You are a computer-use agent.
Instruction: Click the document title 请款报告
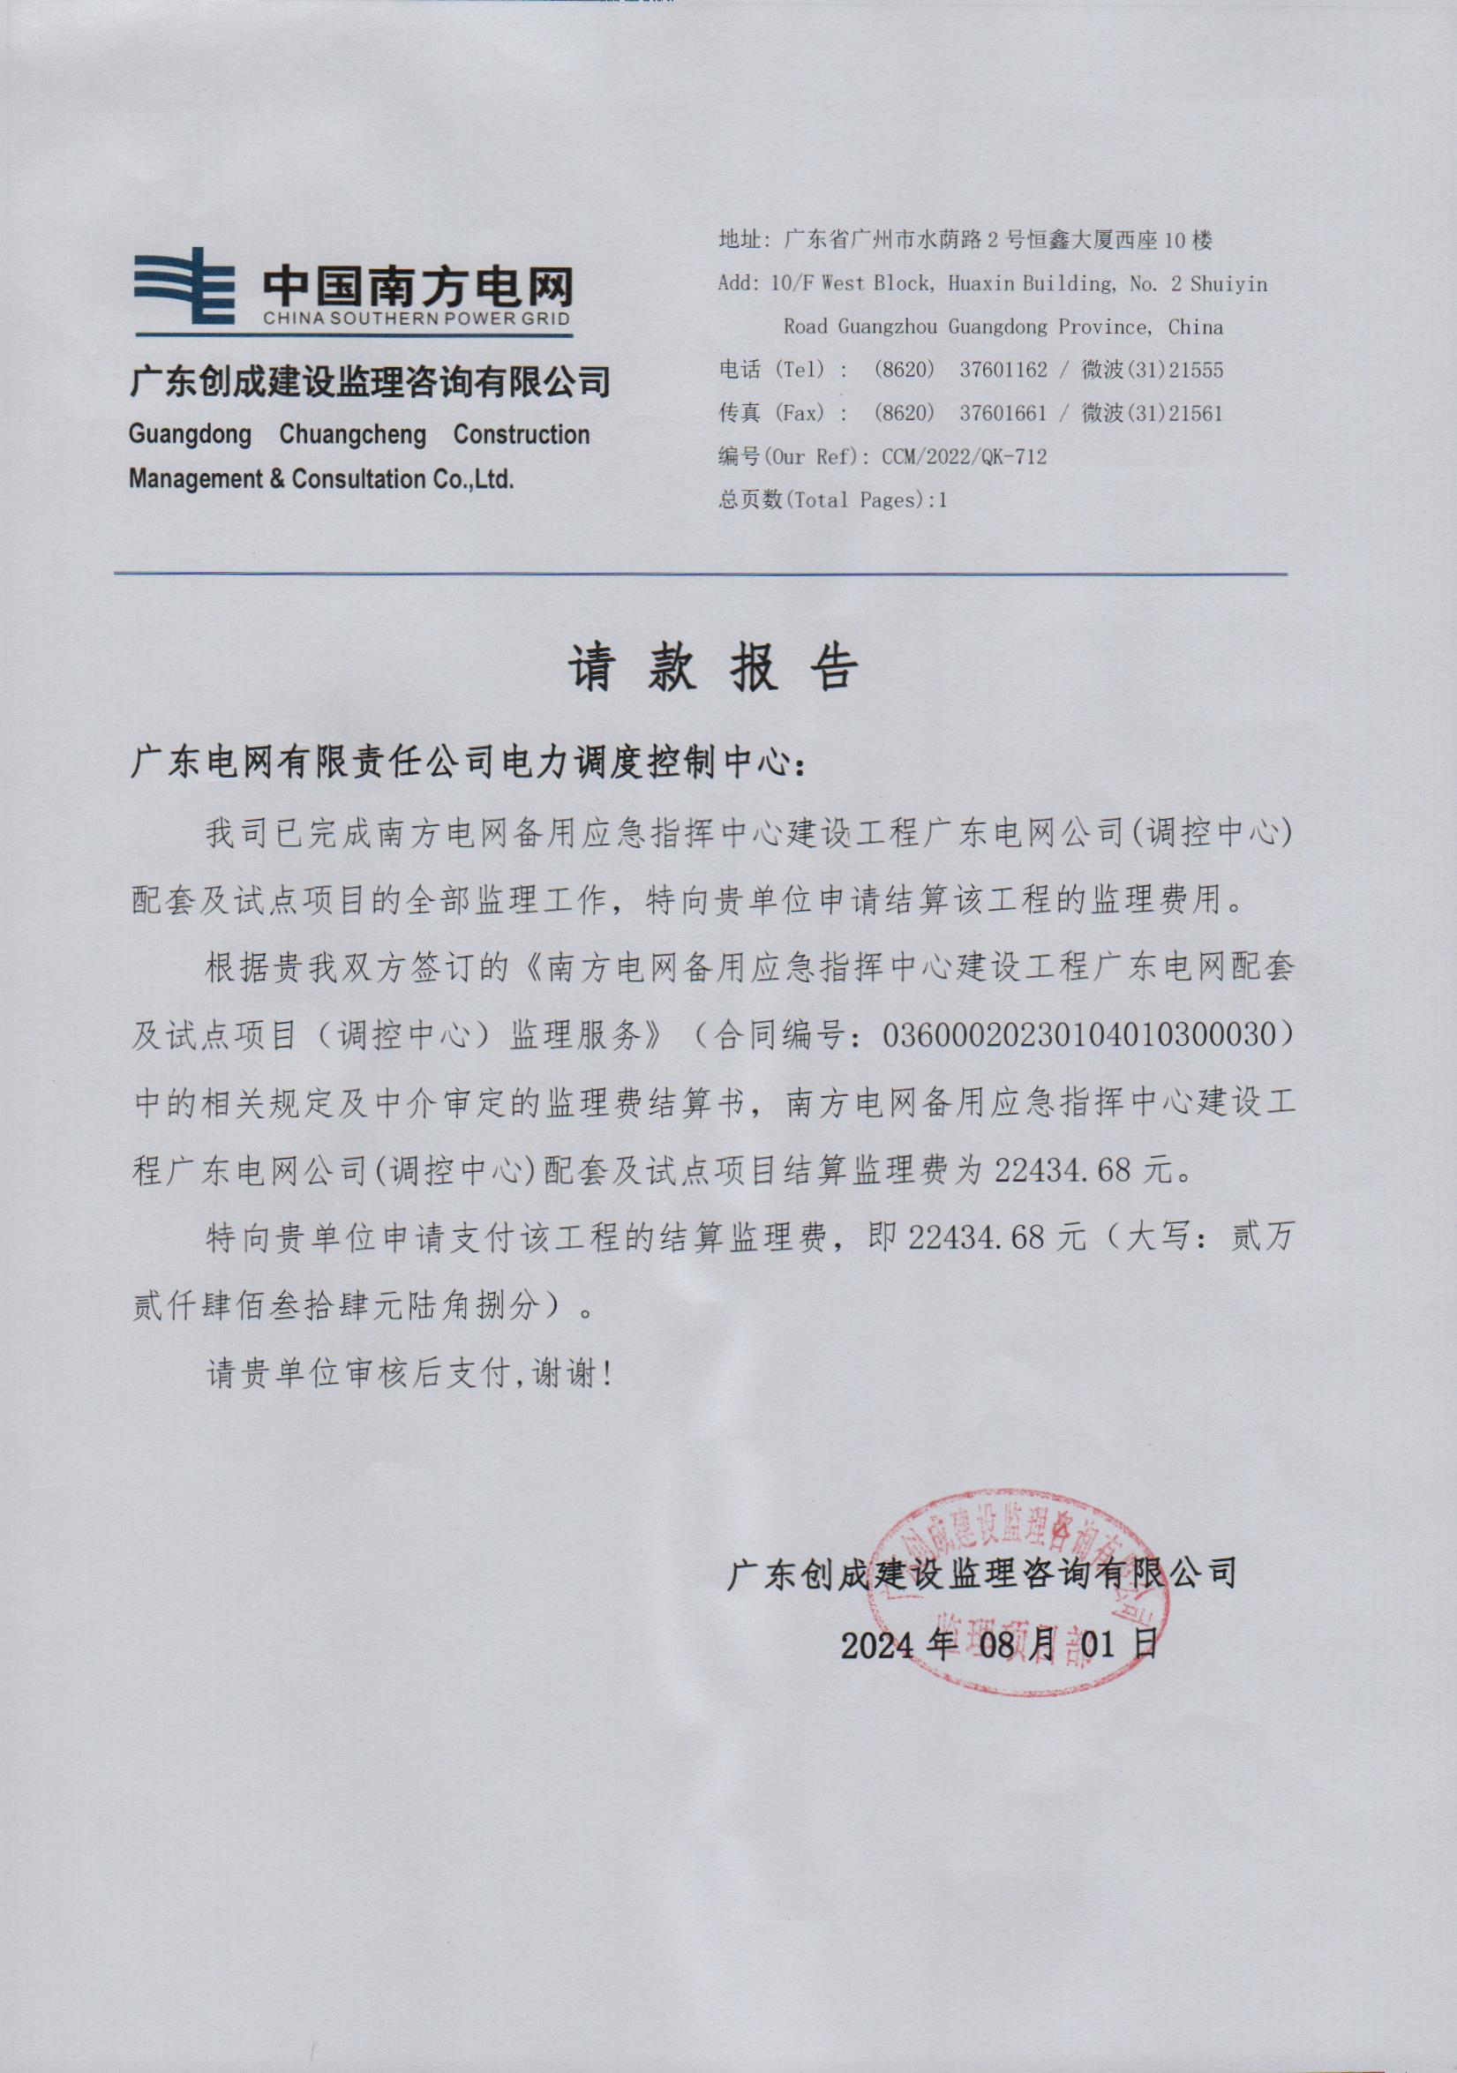tap(712, 669)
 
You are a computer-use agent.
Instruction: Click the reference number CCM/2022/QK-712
tap(964, 457)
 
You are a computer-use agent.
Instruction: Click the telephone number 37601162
tap(1003, 370)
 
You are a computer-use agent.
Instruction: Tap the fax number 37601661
tap(1003, 414)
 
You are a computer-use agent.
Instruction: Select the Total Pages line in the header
tap(832, 500)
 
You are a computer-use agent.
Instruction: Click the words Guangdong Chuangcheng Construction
tap(358, 434)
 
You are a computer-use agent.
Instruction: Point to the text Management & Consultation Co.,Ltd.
tap(321, 478)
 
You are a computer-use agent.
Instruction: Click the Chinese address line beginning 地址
tap(964, 240)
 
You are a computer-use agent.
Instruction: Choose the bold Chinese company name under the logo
tap(369, 382)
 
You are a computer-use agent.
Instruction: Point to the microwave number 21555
tap(1195, 370)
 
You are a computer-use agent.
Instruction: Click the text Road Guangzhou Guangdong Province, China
tap(1002, 327)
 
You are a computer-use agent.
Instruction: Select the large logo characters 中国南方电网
tap(417, 286)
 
